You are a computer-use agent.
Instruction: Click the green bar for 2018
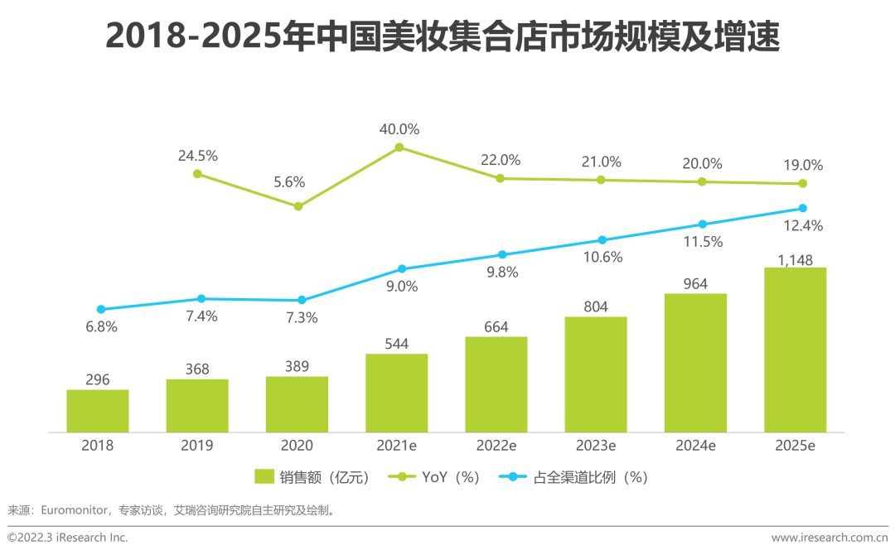coord(98,411)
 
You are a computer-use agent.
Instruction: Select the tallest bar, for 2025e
coord(795,350)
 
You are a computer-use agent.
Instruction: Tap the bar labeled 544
coord(397,393)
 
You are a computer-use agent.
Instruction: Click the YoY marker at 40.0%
coord(399,147)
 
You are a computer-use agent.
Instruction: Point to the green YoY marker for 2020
coord(299,206)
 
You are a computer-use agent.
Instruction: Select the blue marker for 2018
coord(101,309)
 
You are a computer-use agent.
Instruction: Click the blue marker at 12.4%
coord(802,208)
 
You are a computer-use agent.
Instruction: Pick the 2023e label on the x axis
coord(596,446)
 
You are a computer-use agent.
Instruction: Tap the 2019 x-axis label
coord(197,446)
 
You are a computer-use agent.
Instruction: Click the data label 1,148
coord(795,260)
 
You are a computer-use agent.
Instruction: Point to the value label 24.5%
coord(197,156)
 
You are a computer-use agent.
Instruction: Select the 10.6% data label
coord(602,257)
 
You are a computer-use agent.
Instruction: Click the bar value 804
coord(595,307)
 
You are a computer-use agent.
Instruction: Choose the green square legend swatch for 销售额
coord(264,477)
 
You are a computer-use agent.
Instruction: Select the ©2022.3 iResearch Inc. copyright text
coord(68,538)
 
